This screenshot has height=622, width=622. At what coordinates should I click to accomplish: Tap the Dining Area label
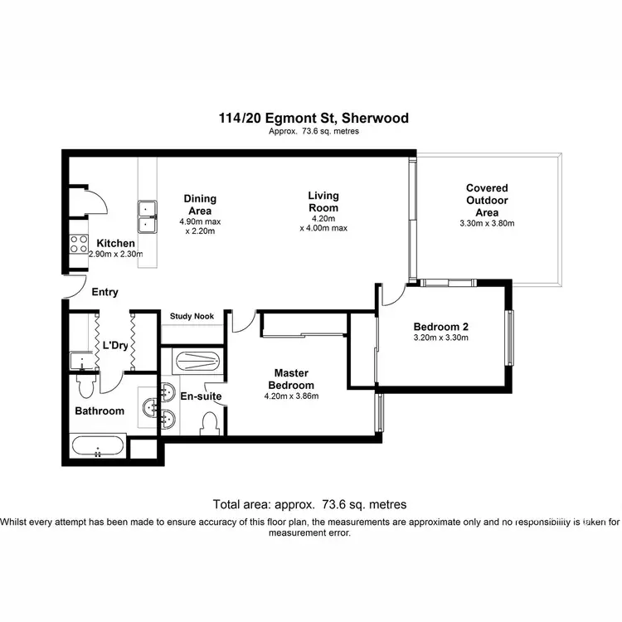coord(199,204)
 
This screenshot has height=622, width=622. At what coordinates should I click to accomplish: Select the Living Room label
coord(323,202)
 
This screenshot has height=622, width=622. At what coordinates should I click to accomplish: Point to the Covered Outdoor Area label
coord(487,200)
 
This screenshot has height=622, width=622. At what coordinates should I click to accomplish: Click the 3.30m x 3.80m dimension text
coord(487,223)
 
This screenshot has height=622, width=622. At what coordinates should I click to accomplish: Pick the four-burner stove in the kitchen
coord(79,244)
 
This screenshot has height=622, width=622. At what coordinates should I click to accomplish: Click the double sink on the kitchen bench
coord(148,215)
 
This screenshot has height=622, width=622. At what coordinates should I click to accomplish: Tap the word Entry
coord(105,292)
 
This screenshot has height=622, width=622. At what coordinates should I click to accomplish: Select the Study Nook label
coord(192,316)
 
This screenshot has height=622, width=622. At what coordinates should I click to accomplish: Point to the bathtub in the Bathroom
coord(98,448)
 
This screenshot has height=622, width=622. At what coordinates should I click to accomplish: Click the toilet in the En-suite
coord(211,424)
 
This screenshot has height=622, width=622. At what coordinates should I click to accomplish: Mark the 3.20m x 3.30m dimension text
coord(441,338)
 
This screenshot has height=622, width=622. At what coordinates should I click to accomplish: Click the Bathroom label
coord(100,411)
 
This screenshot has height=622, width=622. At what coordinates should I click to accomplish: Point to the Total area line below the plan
coord(309,504)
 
